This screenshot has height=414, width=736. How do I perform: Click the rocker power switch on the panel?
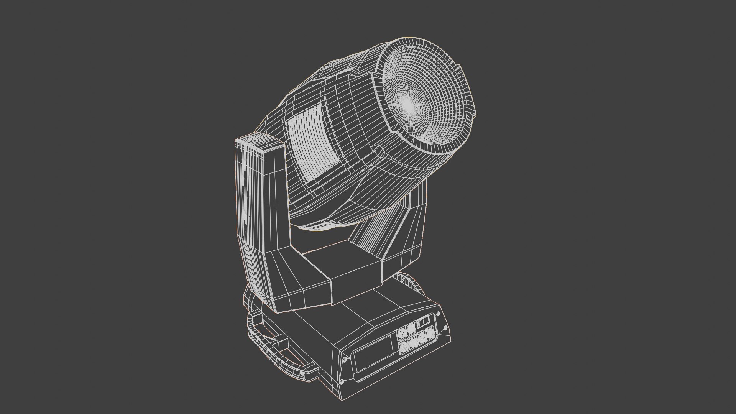(x=423, y=322)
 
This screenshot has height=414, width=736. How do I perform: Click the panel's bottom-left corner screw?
(x=342, y=381)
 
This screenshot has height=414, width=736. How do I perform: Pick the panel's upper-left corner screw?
(x=344, y=360)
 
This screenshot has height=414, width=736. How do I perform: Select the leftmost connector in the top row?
(x=402, y=333)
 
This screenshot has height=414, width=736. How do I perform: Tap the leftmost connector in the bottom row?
(x=403, y=347)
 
